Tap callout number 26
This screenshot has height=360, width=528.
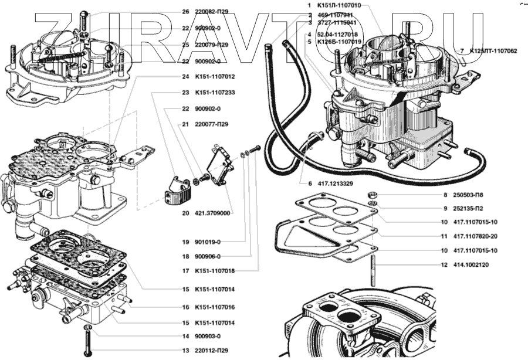185,11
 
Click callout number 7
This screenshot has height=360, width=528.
462,51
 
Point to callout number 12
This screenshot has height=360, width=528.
444,264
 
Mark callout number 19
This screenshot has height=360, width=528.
185,242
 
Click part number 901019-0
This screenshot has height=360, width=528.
213,242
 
